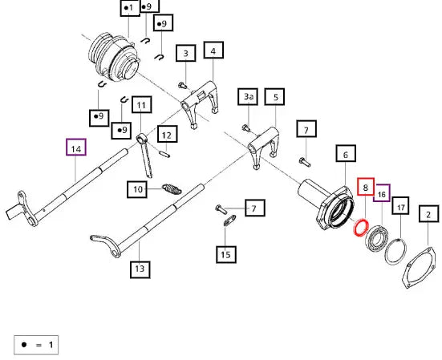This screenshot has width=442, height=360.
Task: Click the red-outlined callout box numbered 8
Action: (366, 187)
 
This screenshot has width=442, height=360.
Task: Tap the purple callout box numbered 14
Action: (76, 147)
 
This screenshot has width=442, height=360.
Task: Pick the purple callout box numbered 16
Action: (382, 193)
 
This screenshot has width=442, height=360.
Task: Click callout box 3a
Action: (248, 97)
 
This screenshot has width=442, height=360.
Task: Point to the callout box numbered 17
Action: (400, 206)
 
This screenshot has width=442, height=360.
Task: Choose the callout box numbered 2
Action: (428, 214)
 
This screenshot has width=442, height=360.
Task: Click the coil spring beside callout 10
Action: (172, 189)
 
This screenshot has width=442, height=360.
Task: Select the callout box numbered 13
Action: (140, 269)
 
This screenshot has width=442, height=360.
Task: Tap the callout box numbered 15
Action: (226, 255)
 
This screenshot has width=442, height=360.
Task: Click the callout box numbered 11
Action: (141, 105)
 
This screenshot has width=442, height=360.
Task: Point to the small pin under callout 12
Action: (164, 154)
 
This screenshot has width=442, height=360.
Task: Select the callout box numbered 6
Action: (346, 153)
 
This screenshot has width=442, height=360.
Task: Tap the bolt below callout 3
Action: (183, 85)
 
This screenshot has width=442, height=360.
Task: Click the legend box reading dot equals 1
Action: (36, 345)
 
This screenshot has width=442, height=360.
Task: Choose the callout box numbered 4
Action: (213, 51)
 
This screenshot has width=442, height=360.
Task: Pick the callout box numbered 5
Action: (274, 97)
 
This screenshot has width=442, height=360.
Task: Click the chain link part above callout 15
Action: (230, 220)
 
